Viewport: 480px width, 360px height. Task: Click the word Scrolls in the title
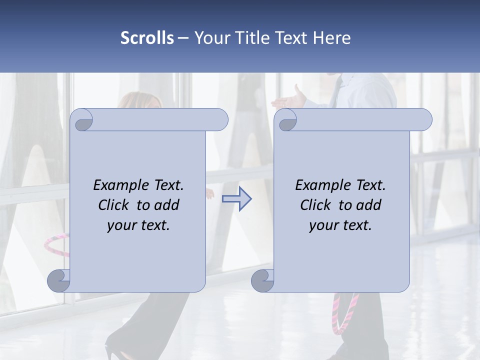click(147, 38)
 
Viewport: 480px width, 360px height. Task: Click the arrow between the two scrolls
click(236, 198)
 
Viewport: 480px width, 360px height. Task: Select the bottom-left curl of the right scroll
click(263, 281)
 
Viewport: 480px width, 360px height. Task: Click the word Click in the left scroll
click(114, 205)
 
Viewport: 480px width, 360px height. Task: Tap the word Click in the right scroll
click(315, 205)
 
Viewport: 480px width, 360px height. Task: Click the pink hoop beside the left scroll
click(55, 244)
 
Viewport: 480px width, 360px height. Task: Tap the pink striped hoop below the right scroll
click(345, 312)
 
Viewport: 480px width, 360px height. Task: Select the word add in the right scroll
click(369, 205)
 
